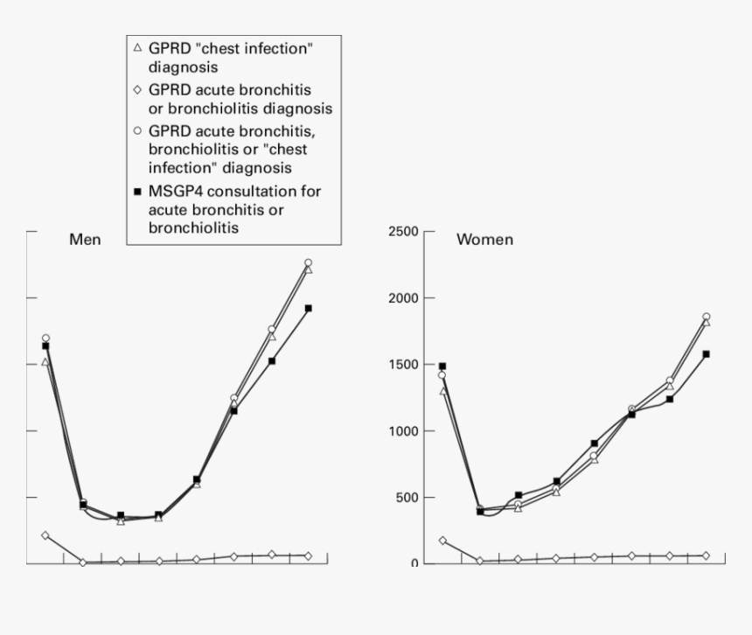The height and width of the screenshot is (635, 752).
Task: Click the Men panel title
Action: pos(86,239)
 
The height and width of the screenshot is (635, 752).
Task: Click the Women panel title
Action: pos(484,239)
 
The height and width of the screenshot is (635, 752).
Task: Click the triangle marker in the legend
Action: pos(137,49)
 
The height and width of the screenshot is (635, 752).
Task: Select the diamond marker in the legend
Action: pos(137,90)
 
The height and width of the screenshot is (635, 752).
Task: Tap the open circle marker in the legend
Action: pos(137,131)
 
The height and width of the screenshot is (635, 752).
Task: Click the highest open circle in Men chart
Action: pos(308,262)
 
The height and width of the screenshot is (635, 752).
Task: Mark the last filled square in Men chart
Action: pos(309,308)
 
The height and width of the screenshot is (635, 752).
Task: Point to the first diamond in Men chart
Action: pos(45,535)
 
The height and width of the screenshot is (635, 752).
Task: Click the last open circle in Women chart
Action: pos(706,317)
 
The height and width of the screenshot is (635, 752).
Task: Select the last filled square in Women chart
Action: pos(707,354)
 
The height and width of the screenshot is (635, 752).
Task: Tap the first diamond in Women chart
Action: pos(442,541)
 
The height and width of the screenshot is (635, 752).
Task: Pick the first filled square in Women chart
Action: pos(442,366)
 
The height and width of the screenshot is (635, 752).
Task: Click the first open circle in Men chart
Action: pos(45,338)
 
